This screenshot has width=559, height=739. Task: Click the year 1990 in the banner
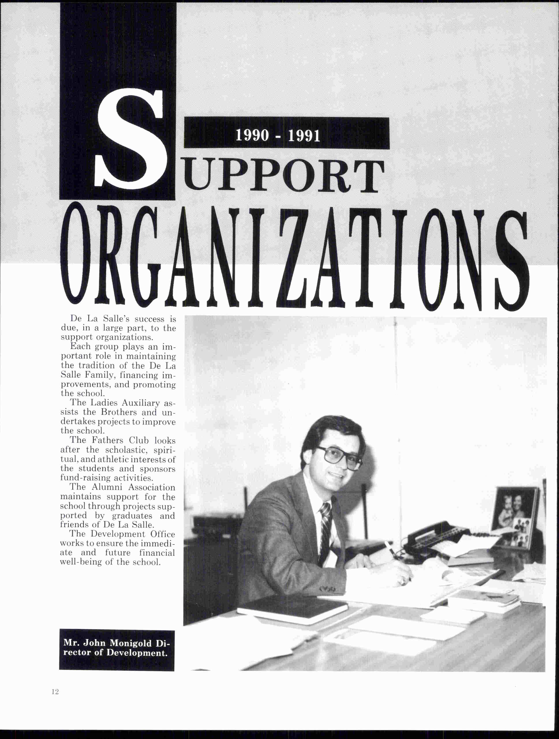pyautogui.click(x=252, y=135)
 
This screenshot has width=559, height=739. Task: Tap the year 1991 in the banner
pyautogui.click(x=304, y=135)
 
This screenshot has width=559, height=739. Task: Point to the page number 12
pyautogui.click(x=55, y=692)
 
